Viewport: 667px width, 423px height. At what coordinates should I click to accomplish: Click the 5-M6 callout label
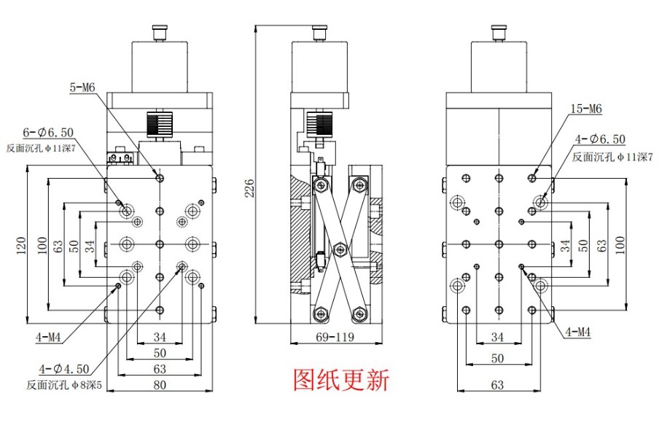pyautogui.click(x=82, y=88)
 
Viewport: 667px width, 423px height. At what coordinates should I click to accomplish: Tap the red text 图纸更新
pyautogui.click(x=341, y=380)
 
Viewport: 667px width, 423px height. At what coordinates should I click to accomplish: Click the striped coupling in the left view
pyautogui.click(x=158, y=123)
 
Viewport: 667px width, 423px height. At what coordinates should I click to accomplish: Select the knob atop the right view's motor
pyautogui.click(x=498, y=33)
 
